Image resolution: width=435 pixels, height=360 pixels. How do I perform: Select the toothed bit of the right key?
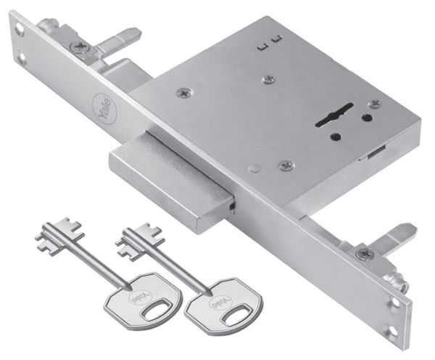133,236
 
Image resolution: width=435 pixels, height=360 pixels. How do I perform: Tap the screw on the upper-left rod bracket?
78,46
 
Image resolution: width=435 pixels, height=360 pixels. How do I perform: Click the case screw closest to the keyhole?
374,104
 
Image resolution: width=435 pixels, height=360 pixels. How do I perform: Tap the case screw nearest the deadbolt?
286,165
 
